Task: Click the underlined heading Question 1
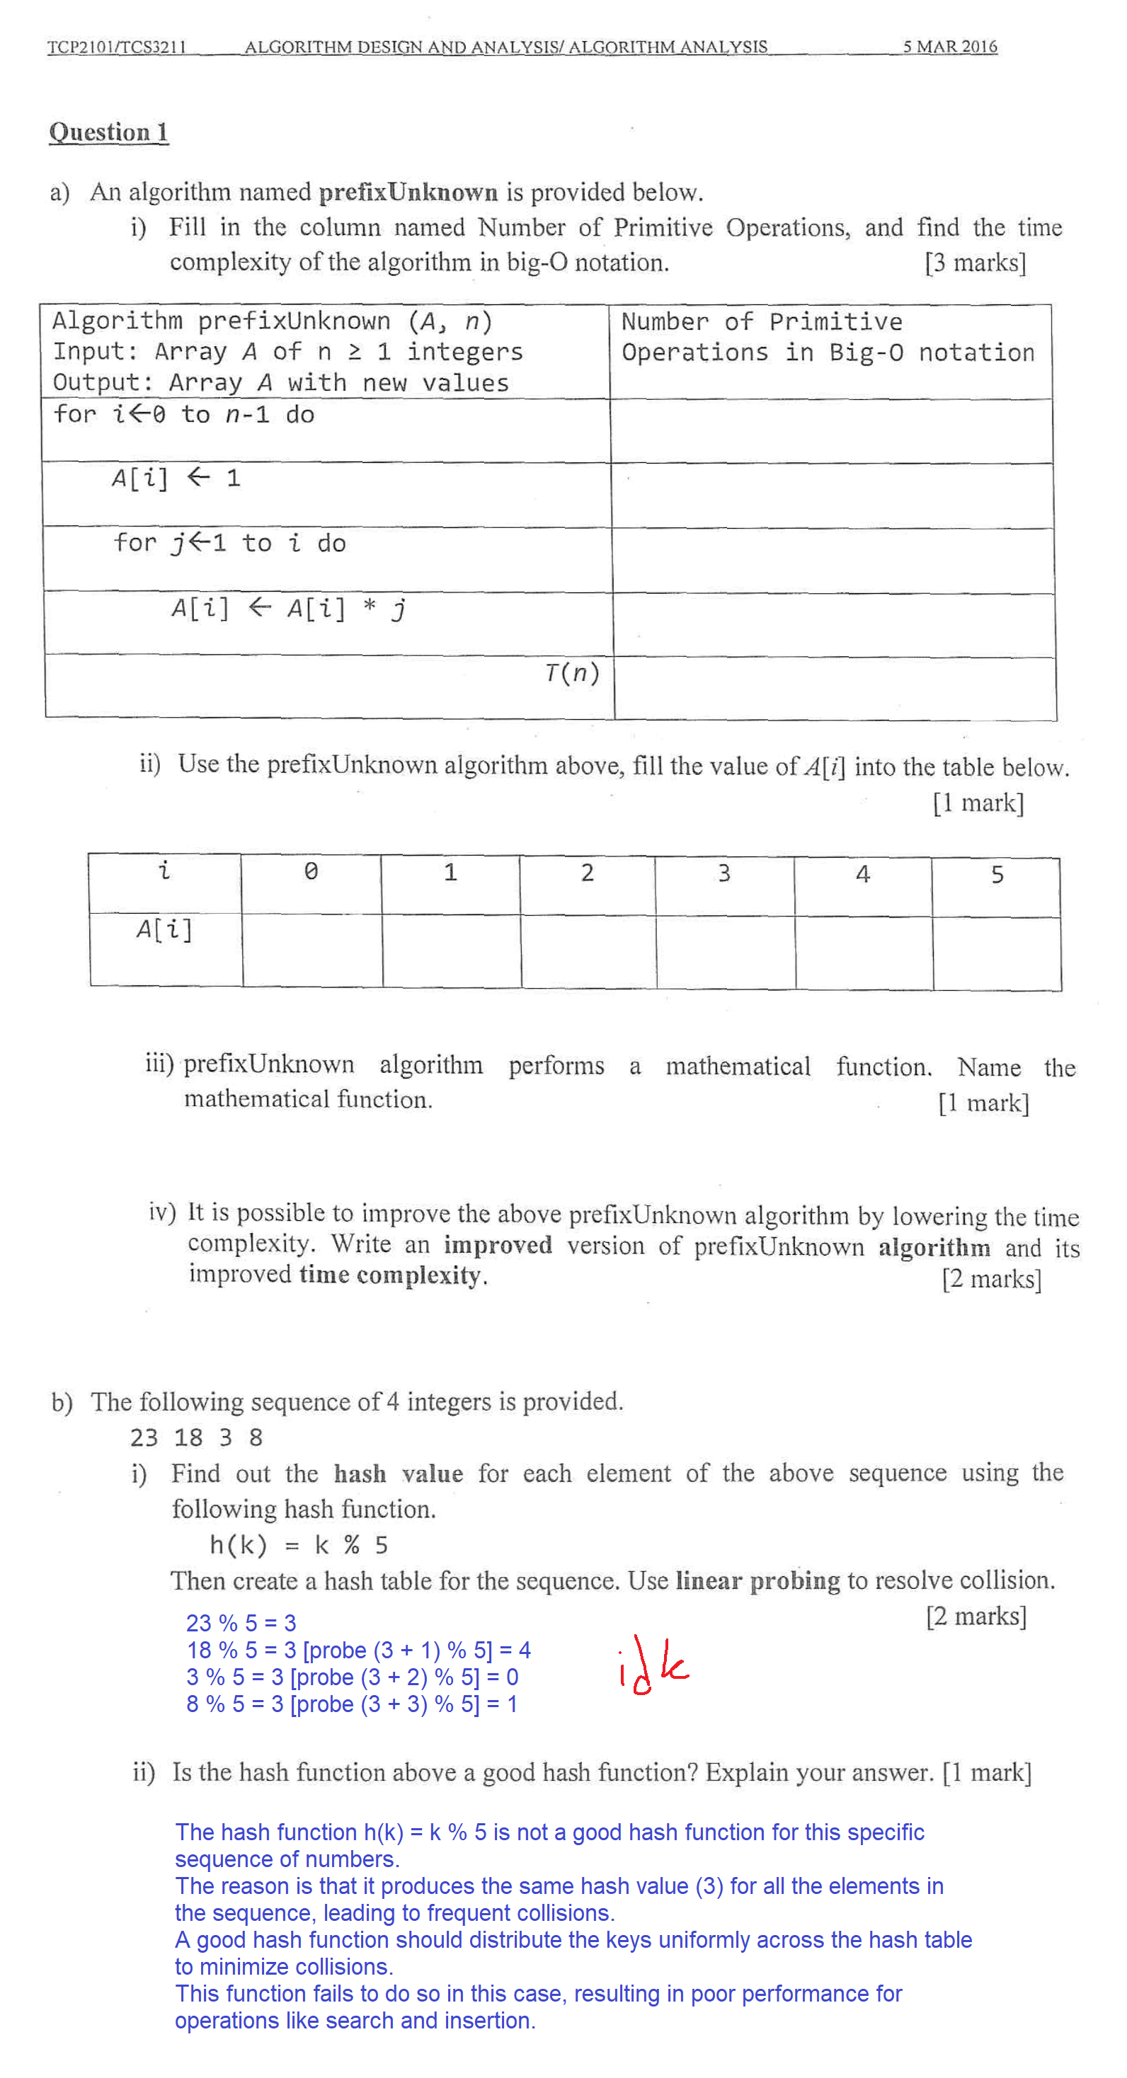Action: (x=109, y=132)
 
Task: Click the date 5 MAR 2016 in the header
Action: (x=949, y=47)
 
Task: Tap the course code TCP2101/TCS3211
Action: (x=117, y=47)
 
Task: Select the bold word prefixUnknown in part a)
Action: (x=408, y=192)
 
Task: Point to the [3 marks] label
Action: (x=976, y=263)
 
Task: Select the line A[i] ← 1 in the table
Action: (x=176, y=478)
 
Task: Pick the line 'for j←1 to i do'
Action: (x=230, y=543)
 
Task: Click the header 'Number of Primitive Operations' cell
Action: (x=828, y=337)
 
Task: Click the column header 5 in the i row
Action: (x=997, y=874)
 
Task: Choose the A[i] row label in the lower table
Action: (x=164, y=930)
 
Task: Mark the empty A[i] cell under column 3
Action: (x=725, y=952)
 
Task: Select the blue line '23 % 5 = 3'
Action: (x=241, y=1622)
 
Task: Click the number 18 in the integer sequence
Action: (x=188, y=1437)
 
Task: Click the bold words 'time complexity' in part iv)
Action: (x=391, y=1275)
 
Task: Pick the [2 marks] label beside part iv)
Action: (x=992, y=1279)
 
